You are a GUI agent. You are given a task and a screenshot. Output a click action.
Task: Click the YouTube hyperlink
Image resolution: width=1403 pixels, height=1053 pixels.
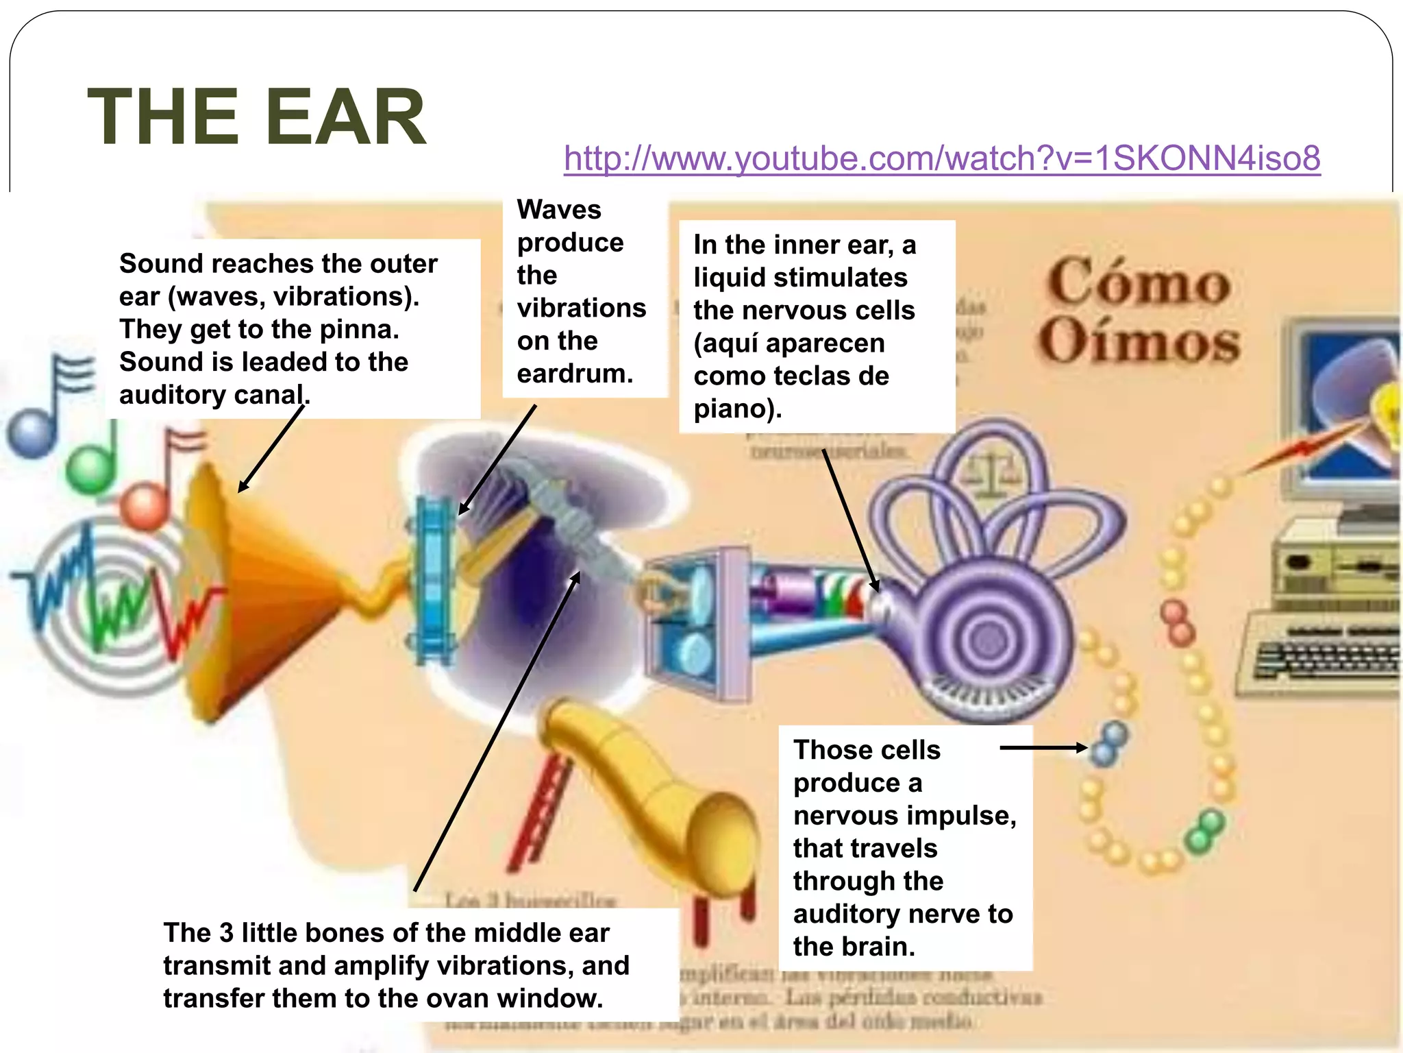942,158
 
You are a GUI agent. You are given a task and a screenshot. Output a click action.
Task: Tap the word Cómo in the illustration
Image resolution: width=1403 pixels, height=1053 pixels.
1139,282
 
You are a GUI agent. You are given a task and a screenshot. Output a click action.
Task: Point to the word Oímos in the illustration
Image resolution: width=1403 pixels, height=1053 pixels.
1139,340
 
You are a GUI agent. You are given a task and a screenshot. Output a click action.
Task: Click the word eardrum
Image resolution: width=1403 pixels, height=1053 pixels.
574,374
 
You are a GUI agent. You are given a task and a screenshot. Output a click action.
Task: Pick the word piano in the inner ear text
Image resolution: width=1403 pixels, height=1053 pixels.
732,409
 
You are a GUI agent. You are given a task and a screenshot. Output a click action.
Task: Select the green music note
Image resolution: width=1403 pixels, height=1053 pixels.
91,466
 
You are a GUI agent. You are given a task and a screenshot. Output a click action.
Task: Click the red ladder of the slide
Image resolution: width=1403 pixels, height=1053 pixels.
541,809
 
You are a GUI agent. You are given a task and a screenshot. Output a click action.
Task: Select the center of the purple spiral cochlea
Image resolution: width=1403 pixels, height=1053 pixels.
987,641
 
